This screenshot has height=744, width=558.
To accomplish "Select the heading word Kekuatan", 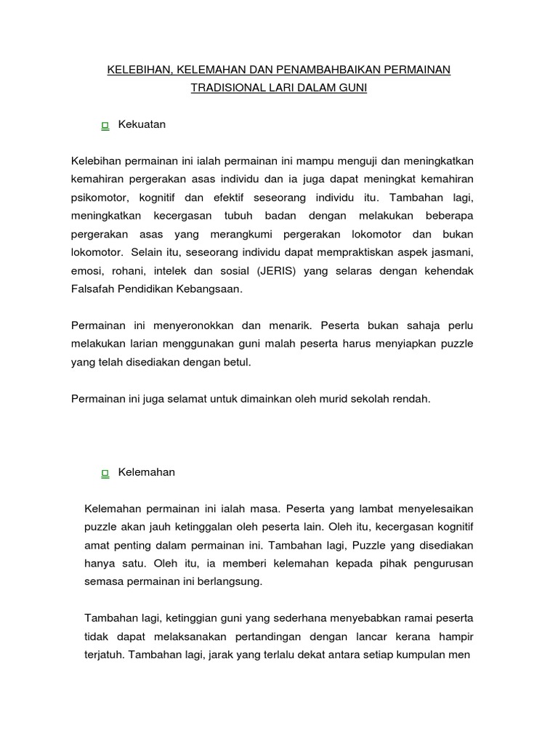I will point(142,125).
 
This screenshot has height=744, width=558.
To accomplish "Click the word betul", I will point(238,363).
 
